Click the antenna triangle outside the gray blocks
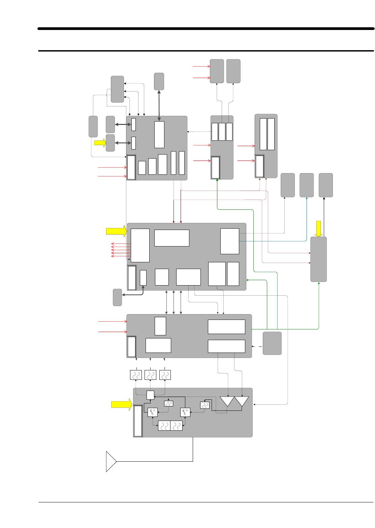coord(111,461)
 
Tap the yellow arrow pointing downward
coord(318,229)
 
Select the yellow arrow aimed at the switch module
coord(122,404)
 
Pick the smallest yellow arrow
coord(100,143)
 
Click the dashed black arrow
coord(257,346)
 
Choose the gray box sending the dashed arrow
coord(272,343)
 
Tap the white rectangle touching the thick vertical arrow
coord(159,134)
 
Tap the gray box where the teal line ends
coord(307,185)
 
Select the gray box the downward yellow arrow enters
coord(318,259)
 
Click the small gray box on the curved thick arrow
coord(117,297)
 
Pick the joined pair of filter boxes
coord(170,426)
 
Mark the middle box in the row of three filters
coord(150,375)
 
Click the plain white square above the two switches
coord(150,395)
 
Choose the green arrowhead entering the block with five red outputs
coord(247,279)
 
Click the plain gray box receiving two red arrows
coord(217,71)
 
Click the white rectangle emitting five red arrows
coord(140,245)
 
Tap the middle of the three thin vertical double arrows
coord(174,302)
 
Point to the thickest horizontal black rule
coord(206,29)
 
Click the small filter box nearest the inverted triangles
coord(205,405)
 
